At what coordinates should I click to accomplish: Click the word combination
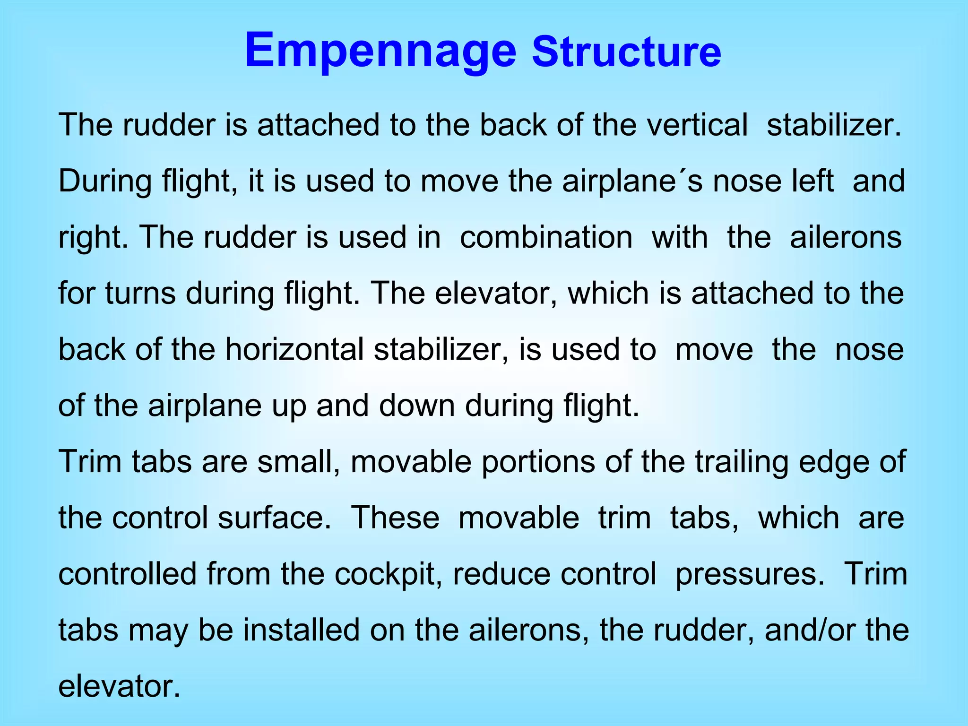(546, 237)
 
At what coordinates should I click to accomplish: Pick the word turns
(140, 293)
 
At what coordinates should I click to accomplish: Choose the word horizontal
(294, 349)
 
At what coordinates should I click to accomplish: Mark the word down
(416, 405)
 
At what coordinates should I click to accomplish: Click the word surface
(274, 518)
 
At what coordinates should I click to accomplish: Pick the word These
(395, 518)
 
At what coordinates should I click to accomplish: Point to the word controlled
(127, 574)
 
